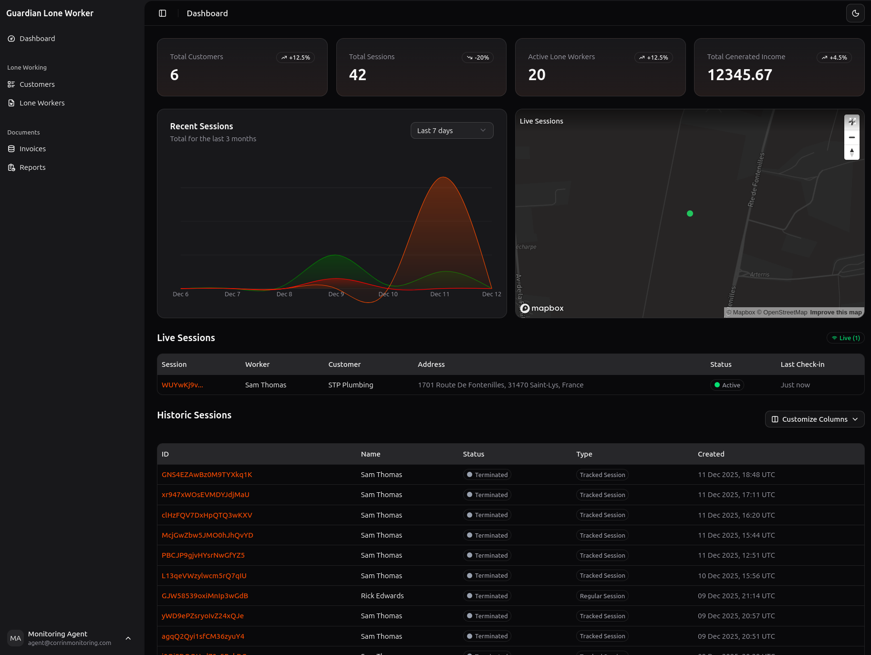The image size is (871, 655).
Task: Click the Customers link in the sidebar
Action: point(37,84)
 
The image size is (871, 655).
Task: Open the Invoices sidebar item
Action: point(32,149)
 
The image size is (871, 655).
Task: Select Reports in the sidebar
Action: point(32,167)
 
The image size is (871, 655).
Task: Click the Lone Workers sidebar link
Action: point(41,103)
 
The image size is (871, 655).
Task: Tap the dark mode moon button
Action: point(855,13)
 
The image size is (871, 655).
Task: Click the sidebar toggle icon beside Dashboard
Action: point(163,13)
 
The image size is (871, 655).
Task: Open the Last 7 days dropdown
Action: point(451,131)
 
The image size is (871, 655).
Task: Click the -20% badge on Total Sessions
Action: point(477,58)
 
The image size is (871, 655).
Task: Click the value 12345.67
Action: point(739,75)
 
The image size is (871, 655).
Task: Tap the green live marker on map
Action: point(690,214)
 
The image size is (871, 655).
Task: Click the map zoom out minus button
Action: point(851,137)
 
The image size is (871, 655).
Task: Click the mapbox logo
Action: point(542,308)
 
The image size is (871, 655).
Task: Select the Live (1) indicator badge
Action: point(845,338)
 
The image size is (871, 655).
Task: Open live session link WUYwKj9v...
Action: point(182,385)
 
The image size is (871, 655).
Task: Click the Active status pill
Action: point(726,385)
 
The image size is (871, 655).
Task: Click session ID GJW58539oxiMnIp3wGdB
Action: point(205,596)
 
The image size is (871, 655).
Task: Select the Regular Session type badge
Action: point(602,596)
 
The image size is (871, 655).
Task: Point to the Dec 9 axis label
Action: point(336,294)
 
